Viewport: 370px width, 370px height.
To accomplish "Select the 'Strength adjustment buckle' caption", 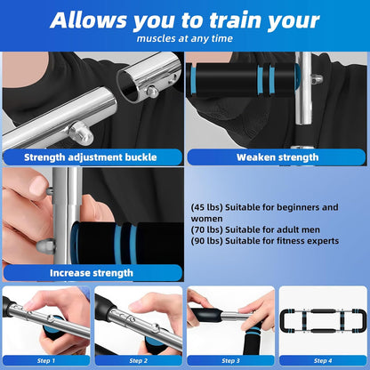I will click(92, 158).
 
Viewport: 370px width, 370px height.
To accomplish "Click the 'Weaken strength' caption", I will click(276, 158).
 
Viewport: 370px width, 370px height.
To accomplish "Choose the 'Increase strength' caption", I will click(92, 273).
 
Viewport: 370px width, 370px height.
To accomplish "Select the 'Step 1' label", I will click(46, 360).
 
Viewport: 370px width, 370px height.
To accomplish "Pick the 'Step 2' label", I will click(138, 360).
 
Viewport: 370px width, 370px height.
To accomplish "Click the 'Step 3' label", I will click(230, 360).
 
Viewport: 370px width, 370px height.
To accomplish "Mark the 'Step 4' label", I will click(322, 360).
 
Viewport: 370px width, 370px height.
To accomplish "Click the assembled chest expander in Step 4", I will click(322, 318).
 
